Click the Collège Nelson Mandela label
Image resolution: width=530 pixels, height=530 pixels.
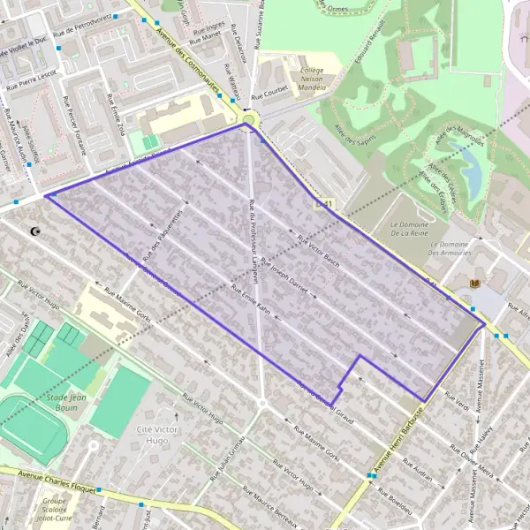pos(312,80)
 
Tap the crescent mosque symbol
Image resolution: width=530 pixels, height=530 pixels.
pos(36,231)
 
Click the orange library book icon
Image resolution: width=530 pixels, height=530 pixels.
pos(477,284)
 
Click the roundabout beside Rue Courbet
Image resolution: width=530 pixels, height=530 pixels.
pos(249,118)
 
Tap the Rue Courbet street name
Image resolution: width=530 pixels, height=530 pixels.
pos(269,93)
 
